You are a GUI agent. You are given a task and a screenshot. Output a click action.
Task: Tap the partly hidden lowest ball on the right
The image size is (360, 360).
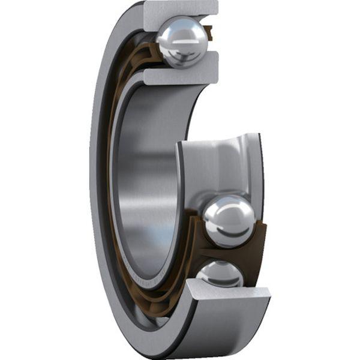[x=220, y=274]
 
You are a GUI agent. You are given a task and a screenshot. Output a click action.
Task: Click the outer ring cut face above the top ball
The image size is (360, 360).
[x=180, y=8]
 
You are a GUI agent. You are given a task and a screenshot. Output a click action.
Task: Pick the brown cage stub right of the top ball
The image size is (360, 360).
[x=209, y=33]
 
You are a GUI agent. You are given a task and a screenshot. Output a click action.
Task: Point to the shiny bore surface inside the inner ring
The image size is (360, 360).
[x=144, y=180]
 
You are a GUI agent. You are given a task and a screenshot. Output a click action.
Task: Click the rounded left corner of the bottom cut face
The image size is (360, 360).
[x=191, y=287]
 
